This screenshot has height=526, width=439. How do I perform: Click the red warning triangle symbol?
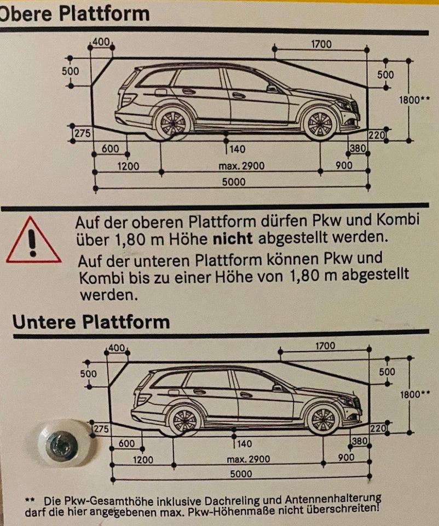click(33, 240)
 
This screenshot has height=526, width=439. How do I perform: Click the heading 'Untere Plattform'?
click(91, 322)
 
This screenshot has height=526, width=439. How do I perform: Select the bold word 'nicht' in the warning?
click(233, 238)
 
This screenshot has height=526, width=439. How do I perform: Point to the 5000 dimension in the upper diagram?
click(234, 182)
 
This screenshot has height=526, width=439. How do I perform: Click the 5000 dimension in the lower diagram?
click(241, 473)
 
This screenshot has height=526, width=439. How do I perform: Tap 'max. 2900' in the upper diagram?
click(241, 165)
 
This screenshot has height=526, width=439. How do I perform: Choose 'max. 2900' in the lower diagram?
click(249, 459)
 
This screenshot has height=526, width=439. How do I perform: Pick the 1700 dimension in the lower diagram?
click(325, 346)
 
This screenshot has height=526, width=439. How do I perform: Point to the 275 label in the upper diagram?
click(82, 133)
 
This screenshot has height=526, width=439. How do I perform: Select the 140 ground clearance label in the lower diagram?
click(245, 443)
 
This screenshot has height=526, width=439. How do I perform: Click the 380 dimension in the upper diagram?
click(358, 148)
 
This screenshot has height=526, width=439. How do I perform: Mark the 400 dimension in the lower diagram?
click(117, 348)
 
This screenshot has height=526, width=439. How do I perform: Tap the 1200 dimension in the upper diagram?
click(128, 166)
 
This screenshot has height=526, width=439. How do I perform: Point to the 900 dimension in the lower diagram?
click(346, 457)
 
